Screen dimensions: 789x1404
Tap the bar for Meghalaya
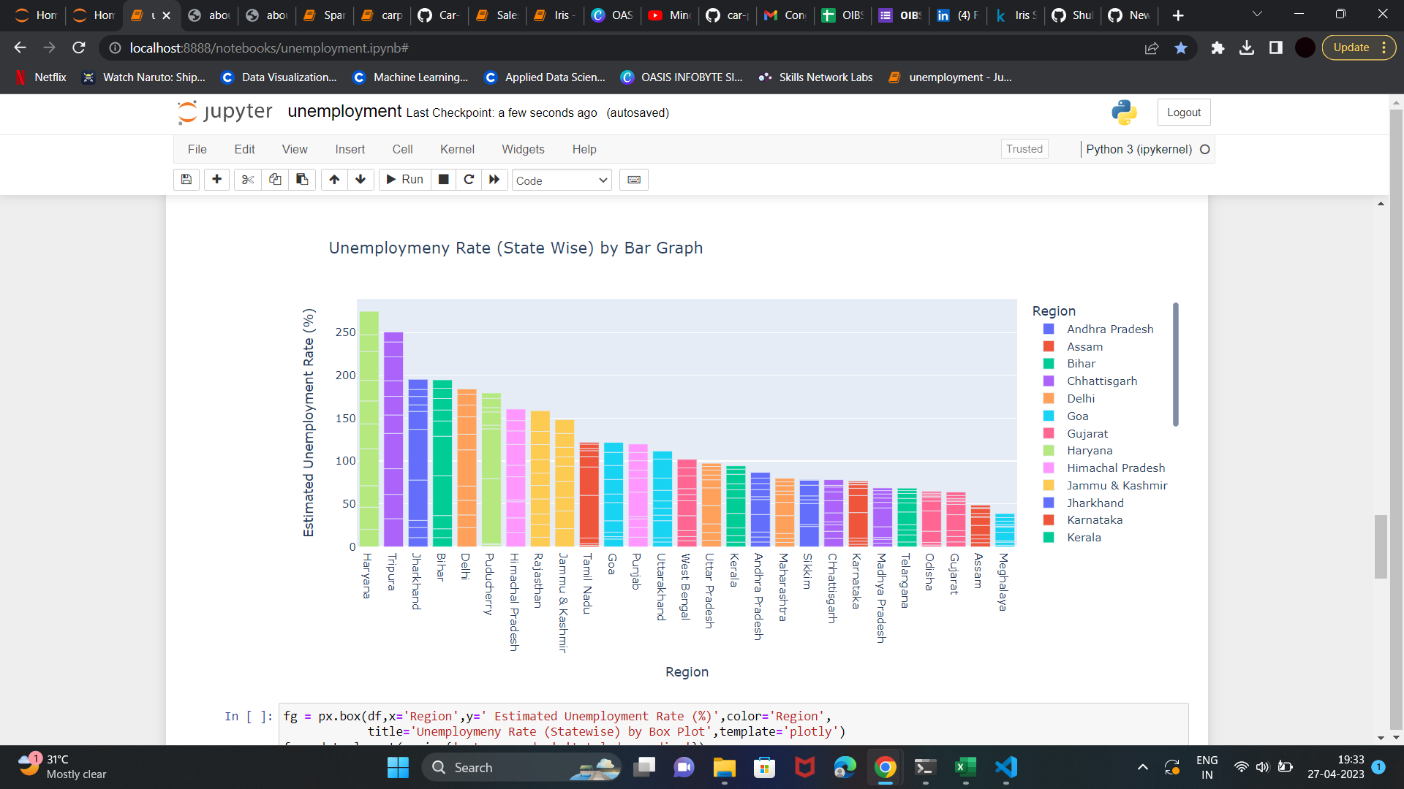click(1005, 530)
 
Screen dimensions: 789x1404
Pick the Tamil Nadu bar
click(589, 495)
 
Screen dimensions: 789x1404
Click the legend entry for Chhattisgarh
click(1101, 381)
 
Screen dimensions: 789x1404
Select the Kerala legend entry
click(1083, 538)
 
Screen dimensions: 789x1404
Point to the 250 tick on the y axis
click(345, 332)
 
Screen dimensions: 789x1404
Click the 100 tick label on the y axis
click(345, 461)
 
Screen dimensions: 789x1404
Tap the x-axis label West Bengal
click(685, 587)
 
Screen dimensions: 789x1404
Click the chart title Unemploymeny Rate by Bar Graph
click(516, 248)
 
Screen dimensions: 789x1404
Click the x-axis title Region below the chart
click(687, 672)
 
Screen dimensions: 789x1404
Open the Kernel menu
click(457, 149)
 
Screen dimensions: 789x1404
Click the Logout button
click(1183, 113)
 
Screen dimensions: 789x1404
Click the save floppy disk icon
click(186, 180)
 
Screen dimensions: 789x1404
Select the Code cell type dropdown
click(562, 180)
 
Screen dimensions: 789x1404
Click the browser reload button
click(79, 48)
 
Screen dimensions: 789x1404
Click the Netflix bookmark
click(42, 77)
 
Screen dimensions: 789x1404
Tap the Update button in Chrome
click(1351, 48)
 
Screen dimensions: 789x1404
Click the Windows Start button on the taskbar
click(398, 768)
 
